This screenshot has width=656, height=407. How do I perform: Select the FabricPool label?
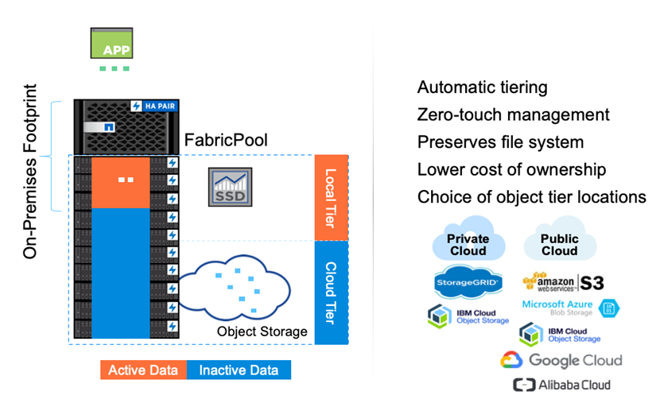(x=226, y=141)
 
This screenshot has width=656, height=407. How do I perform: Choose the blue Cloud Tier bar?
(x=330, y=292)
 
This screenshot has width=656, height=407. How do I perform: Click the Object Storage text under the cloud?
(x=262, y=331)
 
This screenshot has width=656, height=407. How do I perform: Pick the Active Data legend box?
(x=143, y=370)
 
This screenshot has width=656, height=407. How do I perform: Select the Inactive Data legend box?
(x=239, y=370)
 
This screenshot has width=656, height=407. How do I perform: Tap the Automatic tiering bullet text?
(x=482, y=87)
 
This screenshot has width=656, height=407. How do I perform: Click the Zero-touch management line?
(x=513, y=115)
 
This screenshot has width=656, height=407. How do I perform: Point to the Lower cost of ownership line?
(x=511, y=169)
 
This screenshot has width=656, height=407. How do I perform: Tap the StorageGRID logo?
(x=468, y=282)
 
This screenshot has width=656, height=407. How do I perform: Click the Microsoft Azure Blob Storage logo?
(x=570, y=308)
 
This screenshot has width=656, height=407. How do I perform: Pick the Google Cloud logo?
(x=561, y=360)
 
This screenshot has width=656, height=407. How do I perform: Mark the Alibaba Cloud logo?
(x=561, y=385)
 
